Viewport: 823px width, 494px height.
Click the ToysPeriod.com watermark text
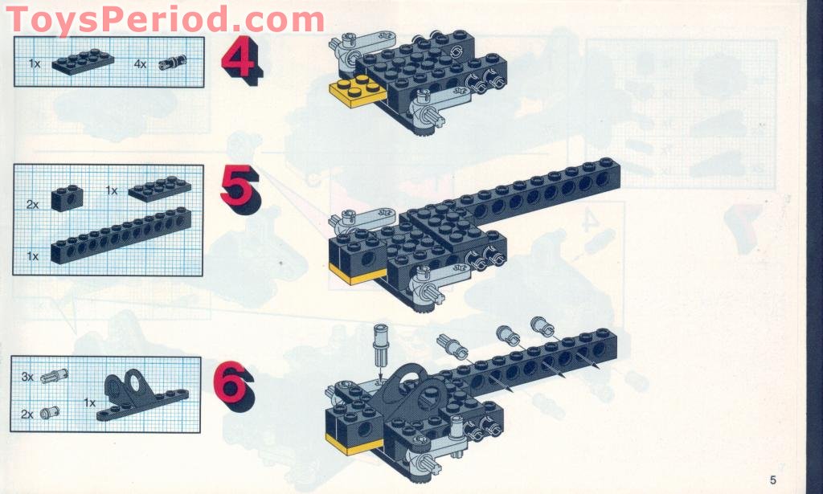165,18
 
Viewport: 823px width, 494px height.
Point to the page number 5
772,480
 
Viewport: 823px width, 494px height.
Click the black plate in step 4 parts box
83,60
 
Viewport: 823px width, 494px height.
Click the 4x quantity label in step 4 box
141,63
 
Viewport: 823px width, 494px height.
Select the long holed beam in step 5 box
121,235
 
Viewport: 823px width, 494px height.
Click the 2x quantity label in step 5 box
33,204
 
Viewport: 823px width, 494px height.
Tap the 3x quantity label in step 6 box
27,376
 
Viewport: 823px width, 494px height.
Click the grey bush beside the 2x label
52,412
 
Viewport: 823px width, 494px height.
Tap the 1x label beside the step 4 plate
35,63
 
